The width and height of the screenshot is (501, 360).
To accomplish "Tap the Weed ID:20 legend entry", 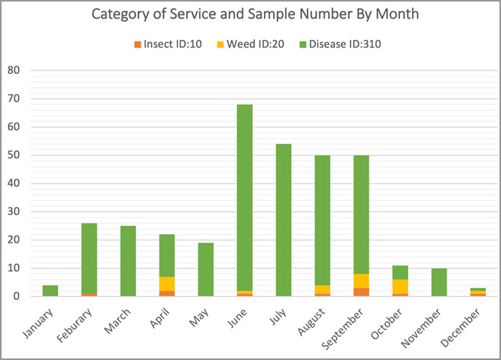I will click(x=246, y=44).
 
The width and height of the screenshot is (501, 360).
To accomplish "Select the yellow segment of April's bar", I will click(x=166, y=283).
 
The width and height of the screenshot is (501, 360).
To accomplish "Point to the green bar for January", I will click(x=49, y=291).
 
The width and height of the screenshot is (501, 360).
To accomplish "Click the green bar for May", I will click(x=205, y=269).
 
